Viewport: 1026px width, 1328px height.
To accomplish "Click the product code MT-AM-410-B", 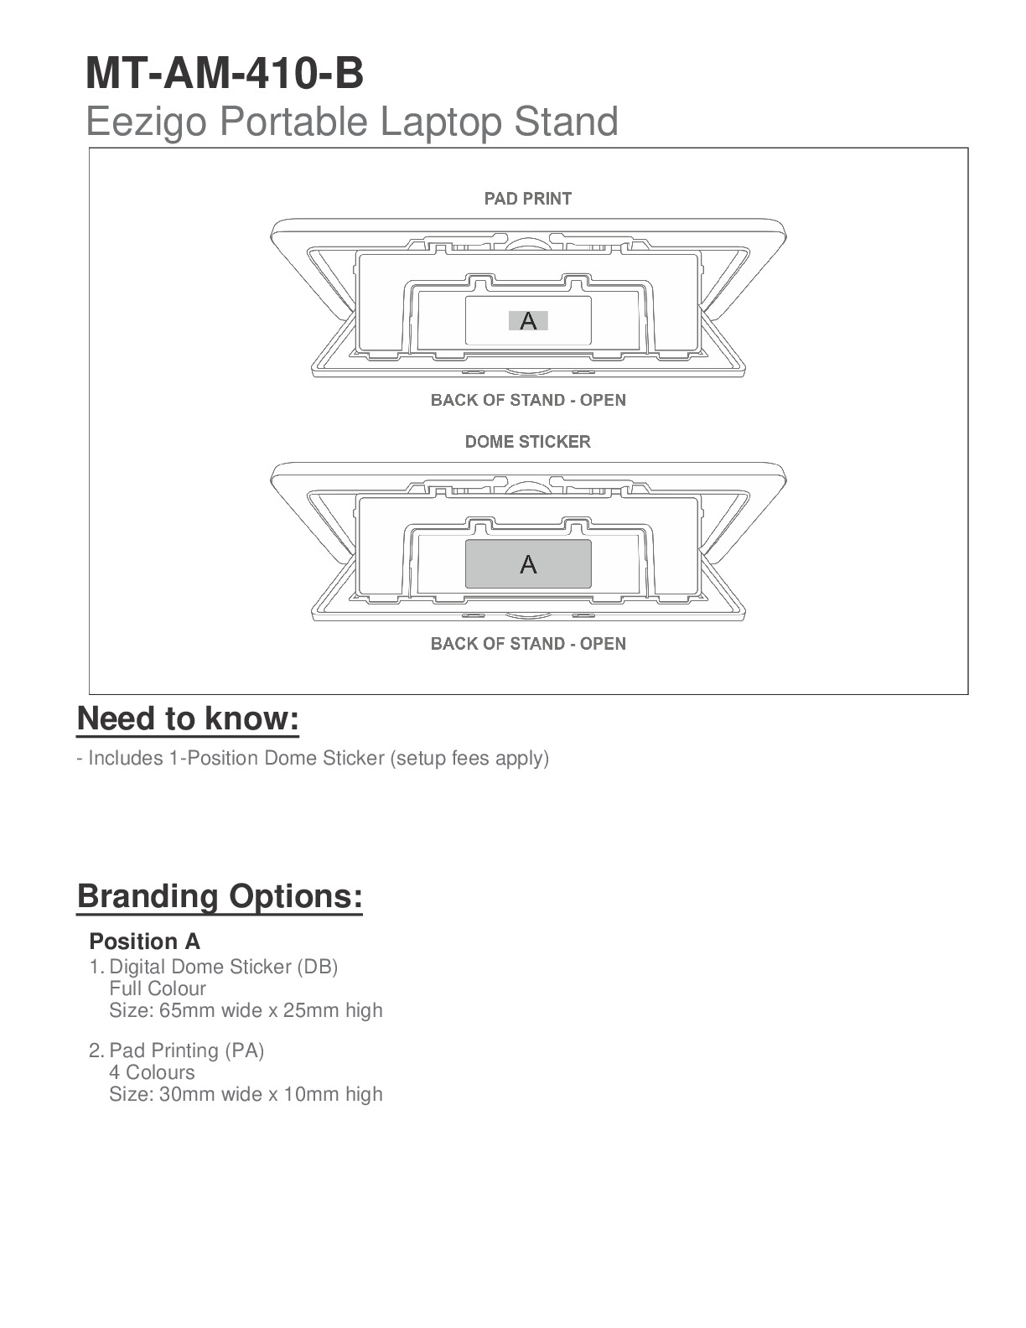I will click(225, 73).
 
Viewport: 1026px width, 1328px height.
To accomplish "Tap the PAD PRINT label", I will click(528, 199).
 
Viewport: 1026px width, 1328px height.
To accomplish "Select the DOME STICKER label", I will click(528, 442).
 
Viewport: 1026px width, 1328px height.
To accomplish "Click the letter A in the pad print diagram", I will click(528, 320).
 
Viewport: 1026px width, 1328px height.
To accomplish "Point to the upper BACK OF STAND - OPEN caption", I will click(528, 400).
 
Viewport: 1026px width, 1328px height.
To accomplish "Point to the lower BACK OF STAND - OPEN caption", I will click(528, 644).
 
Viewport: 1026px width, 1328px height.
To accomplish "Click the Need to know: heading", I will click(188, 719).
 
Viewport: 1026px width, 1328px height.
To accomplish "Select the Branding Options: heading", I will click(220, 896).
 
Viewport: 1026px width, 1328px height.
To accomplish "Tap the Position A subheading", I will click(144, 942).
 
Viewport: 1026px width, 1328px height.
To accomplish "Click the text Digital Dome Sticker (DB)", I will click(224, 967).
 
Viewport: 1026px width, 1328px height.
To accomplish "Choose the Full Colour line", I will click(158, 988).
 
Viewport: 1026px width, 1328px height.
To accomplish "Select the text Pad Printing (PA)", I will click(187, 1050).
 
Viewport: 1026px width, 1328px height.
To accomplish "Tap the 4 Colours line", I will click(152, 1072).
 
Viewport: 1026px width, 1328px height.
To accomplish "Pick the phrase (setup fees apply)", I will click(469, 758).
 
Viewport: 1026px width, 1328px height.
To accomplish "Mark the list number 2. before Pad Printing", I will click(96, 1050).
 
